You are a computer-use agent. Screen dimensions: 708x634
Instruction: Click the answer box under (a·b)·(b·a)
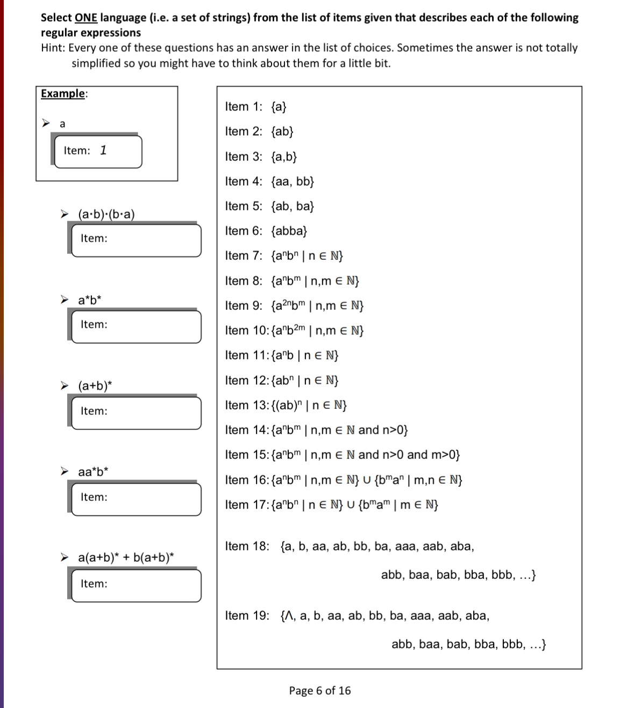pos(137,240)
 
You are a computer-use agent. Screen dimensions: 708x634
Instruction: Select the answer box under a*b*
pos(137,327)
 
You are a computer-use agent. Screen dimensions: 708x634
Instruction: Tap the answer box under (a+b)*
pos(137,413)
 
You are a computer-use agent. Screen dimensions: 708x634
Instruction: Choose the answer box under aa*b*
pos(137,499)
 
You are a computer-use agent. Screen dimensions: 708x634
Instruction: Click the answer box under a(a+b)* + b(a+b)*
pos(137,585)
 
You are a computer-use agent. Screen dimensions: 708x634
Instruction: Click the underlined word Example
pos(63,94)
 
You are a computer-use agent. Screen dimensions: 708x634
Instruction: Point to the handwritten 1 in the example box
pos(103,150)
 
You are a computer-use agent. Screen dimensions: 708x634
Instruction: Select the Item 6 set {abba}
pos(289,231)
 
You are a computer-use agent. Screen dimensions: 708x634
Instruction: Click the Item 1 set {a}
pos(279,107)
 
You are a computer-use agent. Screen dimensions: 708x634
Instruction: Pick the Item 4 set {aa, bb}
pos(293,181)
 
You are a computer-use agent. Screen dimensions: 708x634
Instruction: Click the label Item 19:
pos(247,615)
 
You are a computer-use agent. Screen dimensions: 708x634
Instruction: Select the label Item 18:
pos(247,547)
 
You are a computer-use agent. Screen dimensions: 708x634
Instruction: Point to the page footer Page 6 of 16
pos(319,690)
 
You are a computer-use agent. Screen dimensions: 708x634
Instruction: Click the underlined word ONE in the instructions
pos(86,18)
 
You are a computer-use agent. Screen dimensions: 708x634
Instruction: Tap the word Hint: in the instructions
pos(53,48)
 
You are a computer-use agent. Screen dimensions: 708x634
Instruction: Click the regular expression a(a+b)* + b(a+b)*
pos(126,557)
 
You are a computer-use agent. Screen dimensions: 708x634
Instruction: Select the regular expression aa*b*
pos(93,472)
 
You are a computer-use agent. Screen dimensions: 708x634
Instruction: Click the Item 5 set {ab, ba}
pos(293,206)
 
